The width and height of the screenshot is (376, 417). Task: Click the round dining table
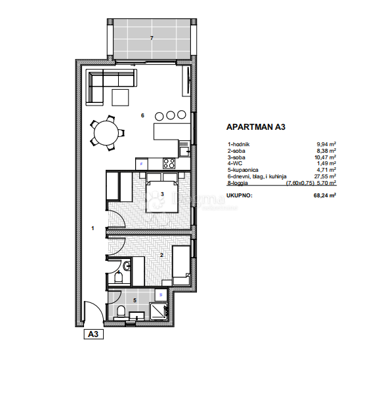point(106,134)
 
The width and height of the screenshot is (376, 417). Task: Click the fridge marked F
point(141,163)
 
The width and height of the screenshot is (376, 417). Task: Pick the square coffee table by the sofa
point(121,97)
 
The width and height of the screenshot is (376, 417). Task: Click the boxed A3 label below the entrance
point(93,334)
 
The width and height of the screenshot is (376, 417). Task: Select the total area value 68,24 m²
point(325,195)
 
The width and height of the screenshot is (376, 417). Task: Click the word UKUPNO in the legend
point(240,195)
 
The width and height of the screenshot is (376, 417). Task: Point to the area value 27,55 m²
point(325,176)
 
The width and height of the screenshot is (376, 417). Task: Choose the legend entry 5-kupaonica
point(244,169)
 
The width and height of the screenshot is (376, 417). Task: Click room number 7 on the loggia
point(152,38)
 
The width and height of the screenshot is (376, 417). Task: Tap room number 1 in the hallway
point(93,228)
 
